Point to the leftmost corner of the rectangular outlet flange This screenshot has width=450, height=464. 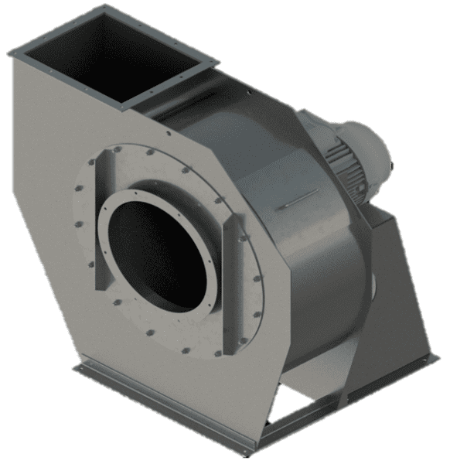pyautogui.click(x=11, y=53)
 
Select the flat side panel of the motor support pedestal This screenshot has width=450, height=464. pyautogui.click(x=402, y=294)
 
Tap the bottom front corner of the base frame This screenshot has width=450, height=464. pyautogui.click(x=247, y=452)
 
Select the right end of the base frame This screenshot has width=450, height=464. pyautogui.click(x=435, y=357)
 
